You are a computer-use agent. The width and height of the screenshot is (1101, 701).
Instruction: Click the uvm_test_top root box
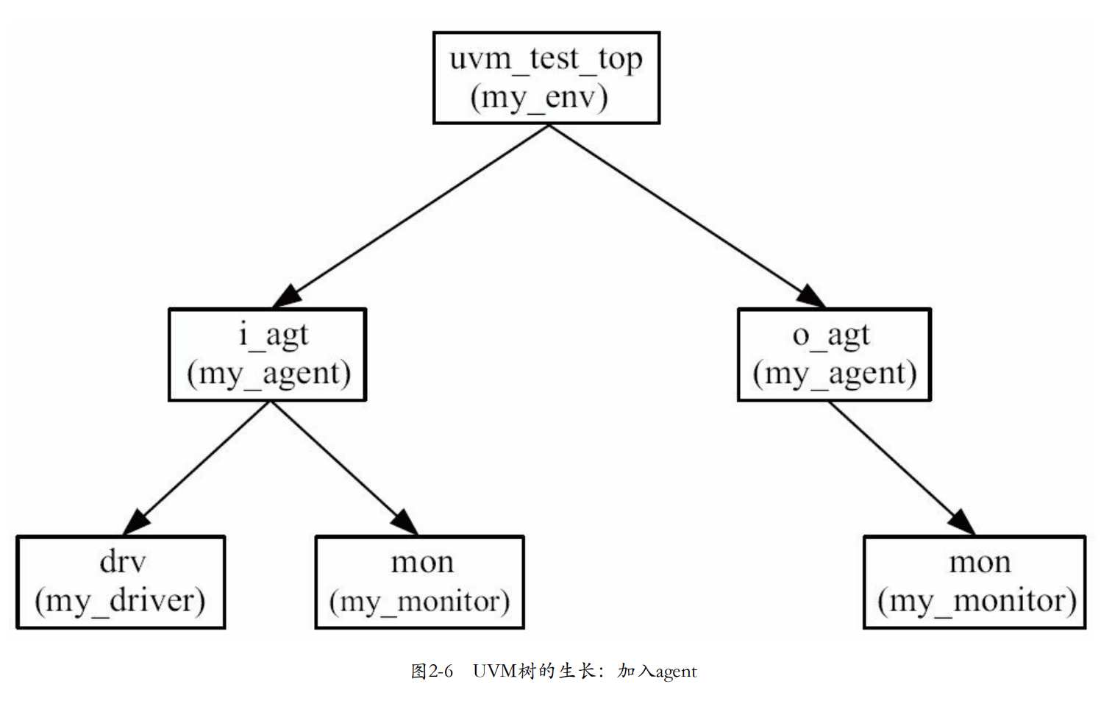point(546,77)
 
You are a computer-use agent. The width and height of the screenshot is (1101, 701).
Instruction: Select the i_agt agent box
point(268,354)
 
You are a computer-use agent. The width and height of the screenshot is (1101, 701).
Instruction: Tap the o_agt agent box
point(834,354)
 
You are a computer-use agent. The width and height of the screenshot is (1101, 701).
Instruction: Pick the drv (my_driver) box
point(121,581)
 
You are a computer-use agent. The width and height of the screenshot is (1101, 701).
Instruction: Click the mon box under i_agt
point(419,581)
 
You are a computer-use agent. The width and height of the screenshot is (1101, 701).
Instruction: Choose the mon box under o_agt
point(974,581)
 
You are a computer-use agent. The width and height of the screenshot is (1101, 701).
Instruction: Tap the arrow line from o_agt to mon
point(897,464)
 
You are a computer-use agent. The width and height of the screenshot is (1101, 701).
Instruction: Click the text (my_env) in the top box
point(539,96)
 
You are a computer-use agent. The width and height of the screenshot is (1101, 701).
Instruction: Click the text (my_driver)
point(120,601)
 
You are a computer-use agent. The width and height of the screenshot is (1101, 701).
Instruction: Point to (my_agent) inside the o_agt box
point(835,374)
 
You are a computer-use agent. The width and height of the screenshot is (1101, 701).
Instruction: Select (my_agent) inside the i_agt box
point(268,374)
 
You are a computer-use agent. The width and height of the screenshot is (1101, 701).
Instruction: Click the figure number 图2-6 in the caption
point(432,671)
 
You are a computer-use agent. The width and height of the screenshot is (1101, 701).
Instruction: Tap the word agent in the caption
point(676,672)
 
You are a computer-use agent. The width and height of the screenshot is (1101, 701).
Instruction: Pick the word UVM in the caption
point(494,671)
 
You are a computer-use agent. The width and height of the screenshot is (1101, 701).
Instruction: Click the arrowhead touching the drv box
point(136,522)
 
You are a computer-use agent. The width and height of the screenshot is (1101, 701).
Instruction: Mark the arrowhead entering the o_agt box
point(811,296)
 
